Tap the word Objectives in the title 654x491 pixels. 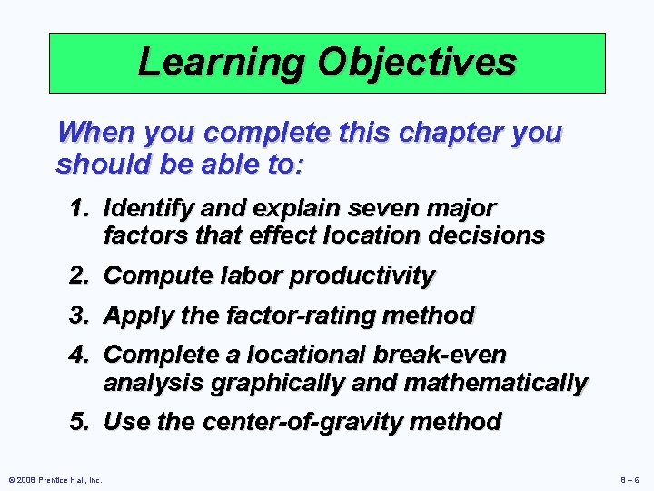tap(416, 62)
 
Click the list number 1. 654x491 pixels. tap(80, 208)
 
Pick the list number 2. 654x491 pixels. tap(80, 275)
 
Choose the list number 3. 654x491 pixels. tap(80, 316)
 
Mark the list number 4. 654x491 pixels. tap(80, 355)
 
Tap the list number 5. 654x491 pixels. tap(80, 422)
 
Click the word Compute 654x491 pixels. tap(155, 275)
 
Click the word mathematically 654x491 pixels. tap(494, 383)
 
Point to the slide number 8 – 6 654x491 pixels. tap(629, 480)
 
